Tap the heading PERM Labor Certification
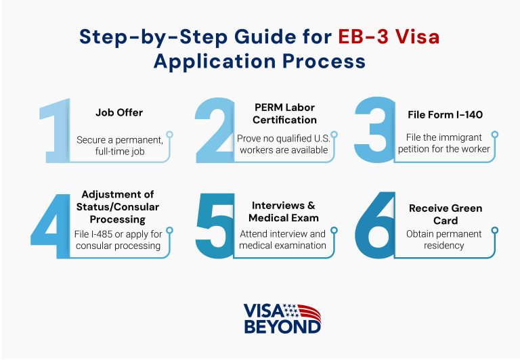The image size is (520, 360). click(284, 114)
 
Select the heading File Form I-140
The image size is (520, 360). click(445, 114)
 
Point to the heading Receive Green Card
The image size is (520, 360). click(444, 214)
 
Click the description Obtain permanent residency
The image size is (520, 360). click(444, 240)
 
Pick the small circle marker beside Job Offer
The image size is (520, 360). click(170, 135)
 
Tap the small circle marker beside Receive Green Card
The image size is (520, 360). click(494, 231)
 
